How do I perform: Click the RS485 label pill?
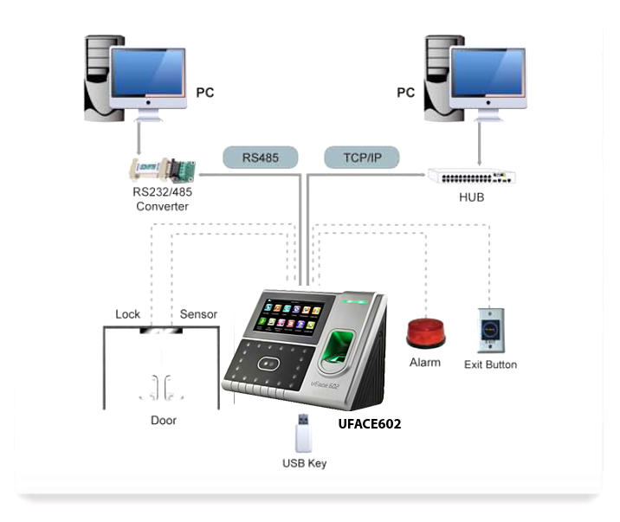point(260,158)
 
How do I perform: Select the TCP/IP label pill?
point(362,158)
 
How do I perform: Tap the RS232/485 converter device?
point(162,170)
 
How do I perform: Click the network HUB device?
point(472,177)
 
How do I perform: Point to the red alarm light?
point(426,334)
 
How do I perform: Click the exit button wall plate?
point(491,331)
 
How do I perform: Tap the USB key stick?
point(303,433)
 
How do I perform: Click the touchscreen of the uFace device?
point(290,316)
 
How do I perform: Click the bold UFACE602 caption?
point(370,424)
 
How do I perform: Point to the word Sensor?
point(198,314)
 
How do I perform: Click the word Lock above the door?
point(127,314)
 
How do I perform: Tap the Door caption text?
point(164,420)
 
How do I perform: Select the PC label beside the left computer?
point(205,93)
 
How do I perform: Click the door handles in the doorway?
point(161,387)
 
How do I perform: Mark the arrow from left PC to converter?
point(139,138)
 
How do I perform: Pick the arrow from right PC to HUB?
point(479,144)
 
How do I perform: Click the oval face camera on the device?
point(268,364)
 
